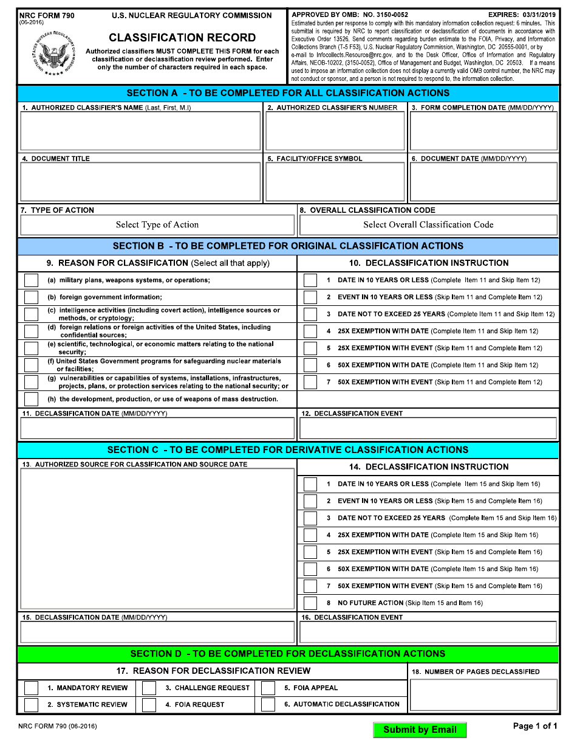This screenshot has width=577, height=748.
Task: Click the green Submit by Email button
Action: click(x=420, y=730)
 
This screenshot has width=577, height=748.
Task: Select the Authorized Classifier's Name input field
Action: click(x=140, y=131)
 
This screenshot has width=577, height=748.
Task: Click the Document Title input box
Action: click(x=140, y=181)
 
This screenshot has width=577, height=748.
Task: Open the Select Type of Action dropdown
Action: click(x=157, y=225)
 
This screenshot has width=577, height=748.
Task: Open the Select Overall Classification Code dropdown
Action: click(x=428, y=225)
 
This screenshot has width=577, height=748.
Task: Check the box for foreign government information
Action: click(x=31, y=297)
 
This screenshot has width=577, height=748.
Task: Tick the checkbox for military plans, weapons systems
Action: click(x=31, y=280)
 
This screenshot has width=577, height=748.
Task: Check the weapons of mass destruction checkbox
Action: click(x=31, y=400)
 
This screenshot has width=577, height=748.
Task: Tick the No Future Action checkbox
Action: click(x=310, y=603)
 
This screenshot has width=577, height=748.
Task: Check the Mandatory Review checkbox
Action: click(x=31, y=688)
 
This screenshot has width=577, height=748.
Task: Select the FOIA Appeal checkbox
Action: click(x=268, y=688)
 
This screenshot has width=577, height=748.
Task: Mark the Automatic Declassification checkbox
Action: click(x=268, y=705)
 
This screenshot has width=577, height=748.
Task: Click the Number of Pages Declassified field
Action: click(x=483, y=694)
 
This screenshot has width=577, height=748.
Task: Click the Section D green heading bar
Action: click(x=288, y=654)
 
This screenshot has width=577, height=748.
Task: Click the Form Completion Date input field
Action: click(x=483, y=131)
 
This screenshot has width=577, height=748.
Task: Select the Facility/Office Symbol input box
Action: click(x=335, y=181)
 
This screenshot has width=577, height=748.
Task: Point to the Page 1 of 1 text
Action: click(x=535, y=726)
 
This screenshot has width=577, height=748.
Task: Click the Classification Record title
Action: click(x=182, y=38)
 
